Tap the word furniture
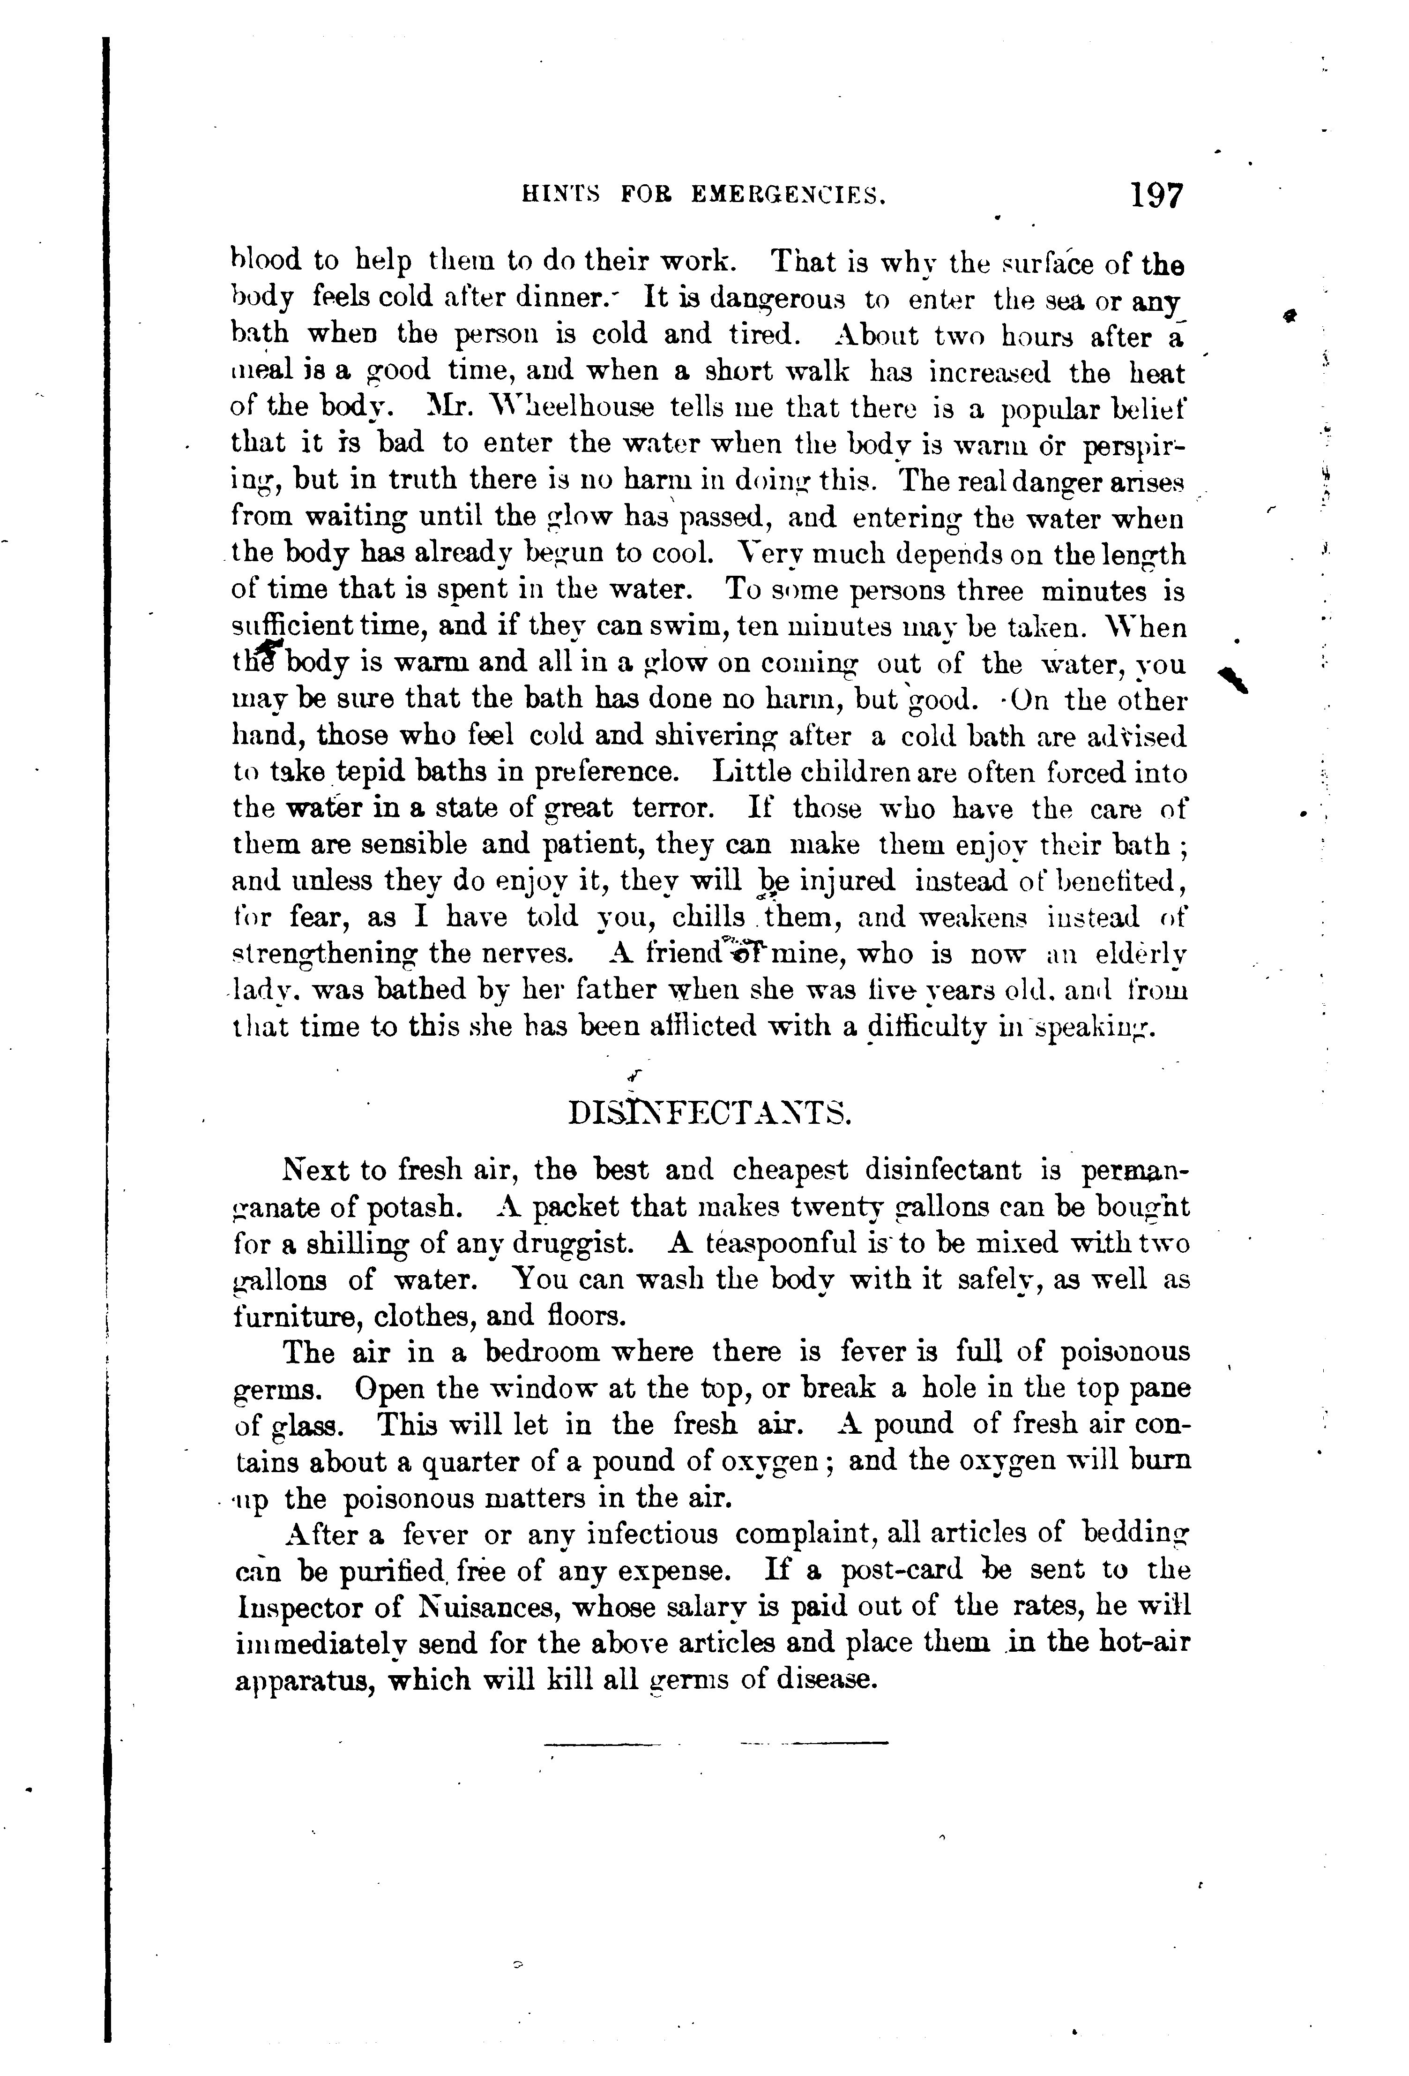point(296,1316)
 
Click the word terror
point(672,808)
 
